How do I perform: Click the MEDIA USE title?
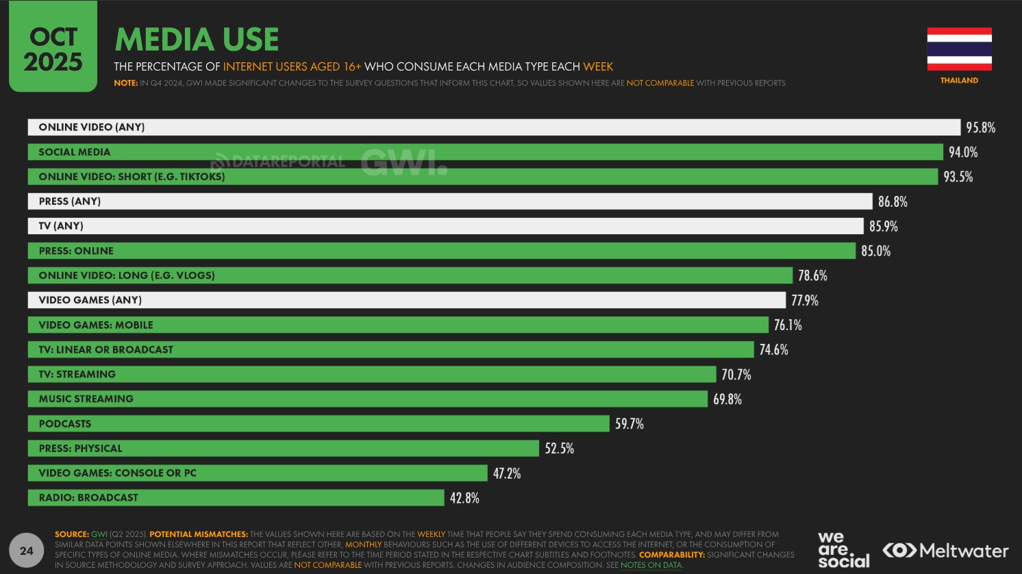click(197, 39)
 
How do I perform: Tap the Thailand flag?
click(959, 49)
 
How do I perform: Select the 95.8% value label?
click(980, 127)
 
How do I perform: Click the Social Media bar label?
click(74, 152)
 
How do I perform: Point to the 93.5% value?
click(958, 177)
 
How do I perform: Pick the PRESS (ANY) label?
click(70, 201)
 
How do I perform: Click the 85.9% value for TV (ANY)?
click(883, 226)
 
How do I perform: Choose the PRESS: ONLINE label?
click(76, 251)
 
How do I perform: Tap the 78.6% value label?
click(812, 275)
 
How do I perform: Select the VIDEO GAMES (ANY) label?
click(90, 300)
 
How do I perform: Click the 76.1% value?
click(788, 325)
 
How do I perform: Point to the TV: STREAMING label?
click(77, 374)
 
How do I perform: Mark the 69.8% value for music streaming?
click(727, 399)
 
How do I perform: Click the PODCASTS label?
click(65, 423)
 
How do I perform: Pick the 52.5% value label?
click(559, 448)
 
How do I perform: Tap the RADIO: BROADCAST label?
click(88, 497)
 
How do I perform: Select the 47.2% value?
click(507, 473)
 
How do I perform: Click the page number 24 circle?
click(27, 551)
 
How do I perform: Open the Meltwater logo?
click(945, 550)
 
